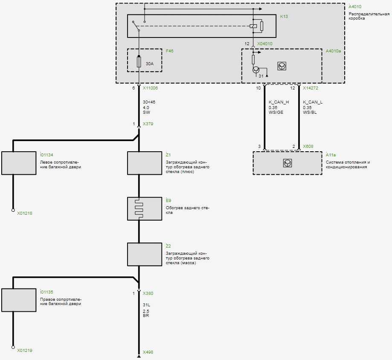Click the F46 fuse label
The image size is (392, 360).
click(169, 51)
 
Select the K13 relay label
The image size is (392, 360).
click(284, 17)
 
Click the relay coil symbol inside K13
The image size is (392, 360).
click(253, 26)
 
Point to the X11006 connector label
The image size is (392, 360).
click(150, 88)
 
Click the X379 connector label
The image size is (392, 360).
click(148, 124)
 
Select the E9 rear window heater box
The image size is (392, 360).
click(139, 208)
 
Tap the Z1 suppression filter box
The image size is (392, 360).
click(139, 163)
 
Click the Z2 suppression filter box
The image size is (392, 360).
click(139, 254)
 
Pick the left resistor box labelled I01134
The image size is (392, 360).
click(19, 163)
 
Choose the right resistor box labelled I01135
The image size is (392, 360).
click(19, 300)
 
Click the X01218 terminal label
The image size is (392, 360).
click(24, 213)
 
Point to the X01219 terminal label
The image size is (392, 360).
click(24, 351)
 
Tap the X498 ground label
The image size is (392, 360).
click(148, 352)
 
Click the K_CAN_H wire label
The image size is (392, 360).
click(279, 103)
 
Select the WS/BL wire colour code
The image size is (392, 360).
click(310, 112)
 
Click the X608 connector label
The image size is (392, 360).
click(308, 147)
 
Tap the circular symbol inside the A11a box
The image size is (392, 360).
click(287, 163)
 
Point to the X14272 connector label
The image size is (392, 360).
click(310, 88)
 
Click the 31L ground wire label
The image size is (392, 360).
click(146, 305)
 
